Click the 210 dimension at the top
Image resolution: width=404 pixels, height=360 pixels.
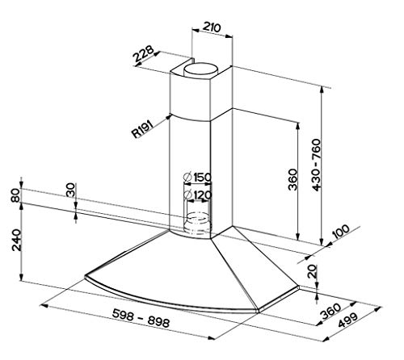[x=212, y=27]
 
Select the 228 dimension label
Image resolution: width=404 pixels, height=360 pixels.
[x=144, y=54]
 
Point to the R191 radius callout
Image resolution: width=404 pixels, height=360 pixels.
[x=142, y=129]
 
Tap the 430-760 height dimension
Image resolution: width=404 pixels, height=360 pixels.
[x=317, y=165]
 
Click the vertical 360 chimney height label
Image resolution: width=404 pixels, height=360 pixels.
[x=292, y=180]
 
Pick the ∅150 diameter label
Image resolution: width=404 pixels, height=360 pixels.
[x=197, y=178]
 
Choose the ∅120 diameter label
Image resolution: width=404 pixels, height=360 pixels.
[x=198, y=195]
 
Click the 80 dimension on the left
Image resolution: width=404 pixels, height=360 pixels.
[x=15, y=195]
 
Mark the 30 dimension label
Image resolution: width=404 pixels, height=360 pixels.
[x=70, y=190]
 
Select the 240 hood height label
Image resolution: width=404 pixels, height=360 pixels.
[x=16, y=240]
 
